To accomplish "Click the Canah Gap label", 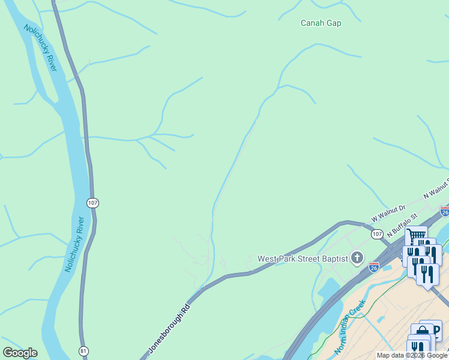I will tap(321, 23).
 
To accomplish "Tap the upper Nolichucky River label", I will tap(41, 48).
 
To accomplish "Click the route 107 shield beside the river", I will tap(92, 203).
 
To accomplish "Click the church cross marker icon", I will tap(357, 259).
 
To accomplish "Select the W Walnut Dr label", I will tap(388, 212).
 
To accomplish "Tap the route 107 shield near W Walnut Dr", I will tap(377, 233).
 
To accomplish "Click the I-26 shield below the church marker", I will tap(373, 266).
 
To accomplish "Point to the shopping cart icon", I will tap(416, 235).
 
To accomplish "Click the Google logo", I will tap(20, 353).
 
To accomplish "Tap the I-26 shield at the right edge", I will tap(444, 211).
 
